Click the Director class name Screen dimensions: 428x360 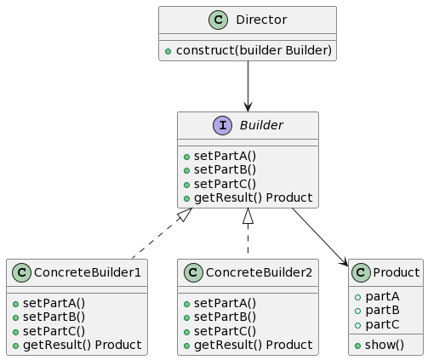(261, 20)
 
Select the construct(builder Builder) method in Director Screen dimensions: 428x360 (254, 50)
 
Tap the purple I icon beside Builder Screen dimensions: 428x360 (222, 125)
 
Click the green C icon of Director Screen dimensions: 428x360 (218, 20)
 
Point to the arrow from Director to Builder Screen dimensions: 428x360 (248, 86)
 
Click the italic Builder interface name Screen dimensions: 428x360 (261, 125)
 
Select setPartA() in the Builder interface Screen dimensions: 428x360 (225, 156)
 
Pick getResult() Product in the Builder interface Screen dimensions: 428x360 (254, 197)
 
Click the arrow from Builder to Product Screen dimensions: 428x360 (320, 237)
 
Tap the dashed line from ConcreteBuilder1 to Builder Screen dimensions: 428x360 (163, 233)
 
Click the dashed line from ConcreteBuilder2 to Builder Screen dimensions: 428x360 (248, 233)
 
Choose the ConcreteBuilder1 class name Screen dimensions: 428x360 (88, 272)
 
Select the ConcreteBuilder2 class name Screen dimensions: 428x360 (259, 272)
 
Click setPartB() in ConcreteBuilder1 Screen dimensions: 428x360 (54, 317)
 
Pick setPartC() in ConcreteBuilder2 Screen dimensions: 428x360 (225, 331)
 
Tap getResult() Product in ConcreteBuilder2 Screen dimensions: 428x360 (254, 345)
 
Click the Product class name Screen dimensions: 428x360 (397, 272)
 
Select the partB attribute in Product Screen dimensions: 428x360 (382, 311)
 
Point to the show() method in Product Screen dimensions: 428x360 (385, 346)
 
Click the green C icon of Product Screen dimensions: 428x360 (361, 272)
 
